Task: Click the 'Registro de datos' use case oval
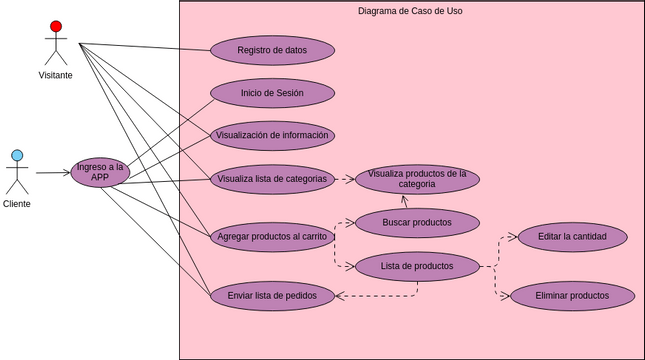[x=272, y=50]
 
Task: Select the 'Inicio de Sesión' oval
[x=272, y=93]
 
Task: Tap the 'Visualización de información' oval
[x=272, y=135]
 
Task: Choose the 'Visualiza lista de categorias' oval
[x=272, y=179]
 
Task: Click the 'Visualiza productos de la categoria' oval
[x=417, y=179]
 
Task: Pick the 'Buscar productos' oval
[x=417, y=222]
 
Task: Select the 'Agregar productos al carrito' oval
[x=272, y=237]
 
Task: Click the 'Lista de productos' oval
[x=417, y=266]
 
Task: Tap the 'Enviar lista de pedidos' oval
[x=272, y=295]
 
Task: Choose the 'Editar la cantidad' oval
[x=572, y=237]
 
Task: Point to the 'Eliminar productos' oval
[x=572, y=296]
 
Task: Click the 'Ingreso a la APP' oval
[x=100, y=172]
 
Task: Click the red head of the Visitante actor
[x=56, y=26]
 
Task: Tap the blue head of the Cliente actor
[x=17, y=155]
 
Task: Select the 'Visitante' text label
[x=56, y=75]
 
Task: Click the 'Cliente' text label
[x=17, y=203]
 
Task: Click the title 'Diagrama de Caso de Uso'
[x=410, y=11]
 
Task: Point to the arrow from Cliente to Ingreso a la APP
[x=53, y=172]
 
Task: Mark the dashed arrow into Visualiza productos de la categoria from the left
[x=344, y=179]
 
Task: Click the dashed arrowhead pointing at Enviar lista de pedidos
[x=340, y=295]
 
